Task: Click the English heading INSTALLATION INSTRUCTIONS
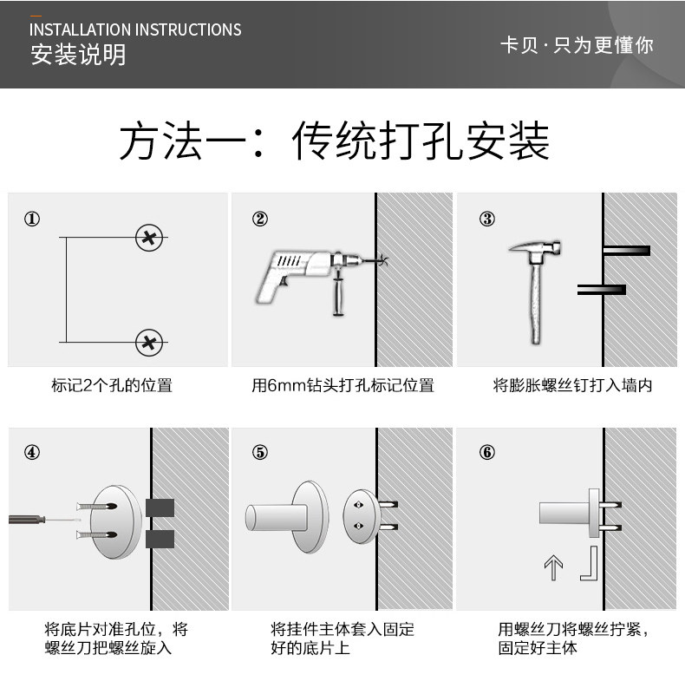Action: pos(135,29)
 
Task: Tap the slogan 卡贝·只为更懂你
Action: pos(577,45)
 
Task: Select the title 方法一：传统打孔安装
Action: pos(334,141)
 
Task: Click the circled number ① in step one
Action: pos(32,219)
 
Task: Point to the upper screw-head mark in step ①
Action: pos(149,239)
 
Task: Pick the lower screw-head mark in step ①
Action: pos(149,343)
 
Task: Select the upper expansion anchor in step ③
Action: pos(626,251)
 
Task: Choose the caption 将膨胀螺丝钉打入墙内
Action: pos(572,385)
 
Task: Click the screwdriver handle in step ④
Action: pos(27,520)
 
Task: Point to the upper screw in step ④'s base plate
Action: pos(96,507)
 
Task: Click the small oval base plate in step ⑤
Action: pos(362,516)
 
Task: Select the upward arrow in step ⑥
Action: pos(553,567)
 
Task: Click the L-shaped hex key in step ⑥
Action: pos(593,564)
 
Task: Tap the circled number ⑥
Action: pos(487,452)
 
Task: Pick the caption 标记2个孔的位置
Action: pos(112,385)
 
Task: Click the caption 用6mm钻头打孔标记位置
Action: pos(342,385)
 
